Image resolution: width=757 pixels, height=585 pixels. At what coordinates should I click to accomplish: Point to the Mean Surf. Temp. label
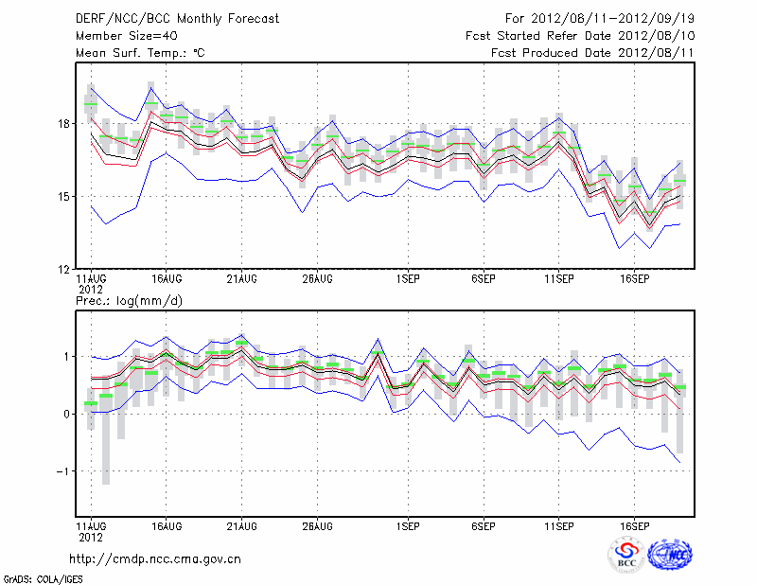pos(140,53)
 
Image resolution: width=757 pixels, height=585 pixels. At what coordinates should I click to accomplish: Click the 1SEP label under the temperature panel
pos(408,279)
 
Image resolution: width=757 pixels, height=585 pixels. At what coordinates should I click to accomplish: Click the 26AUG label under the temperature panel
pos(317,279)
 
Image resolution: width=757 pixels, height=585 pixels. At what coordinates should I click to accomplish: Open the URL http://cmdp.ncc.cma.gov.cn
pos(156,558)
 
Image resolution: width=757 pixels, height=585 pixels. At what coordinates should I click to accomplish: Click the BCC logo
pos(626,555)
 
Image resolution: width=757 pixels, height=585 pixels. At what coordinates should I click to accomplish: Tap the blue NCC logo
pos(670,554)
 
